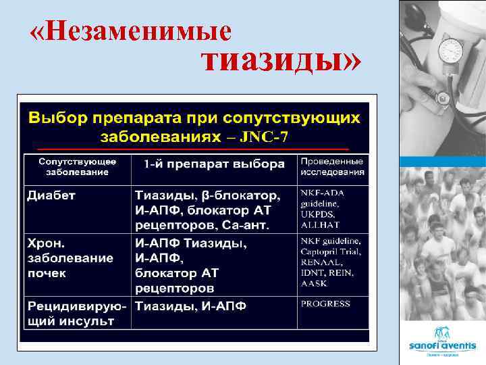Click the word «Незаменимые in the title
click(131, 31)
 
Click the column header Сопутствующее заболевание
click(77, 167)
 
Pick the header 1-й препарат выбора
click(214, 164)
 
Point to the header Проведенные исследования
click(332, 166)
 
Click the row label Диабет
click(51, 195)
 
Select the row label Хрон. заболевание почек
click(70, 258)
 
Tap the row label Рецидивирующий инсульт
click(76, 313)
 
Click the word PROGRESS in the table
click(325, 304)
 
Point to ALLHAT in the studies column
click(320, 224)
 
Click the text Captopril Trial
click(331, 251)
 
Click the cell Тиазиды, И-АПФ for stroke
click(191, 306)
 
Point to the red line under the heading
click(192, 149)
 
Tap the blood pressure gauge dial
click(450, 51)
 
